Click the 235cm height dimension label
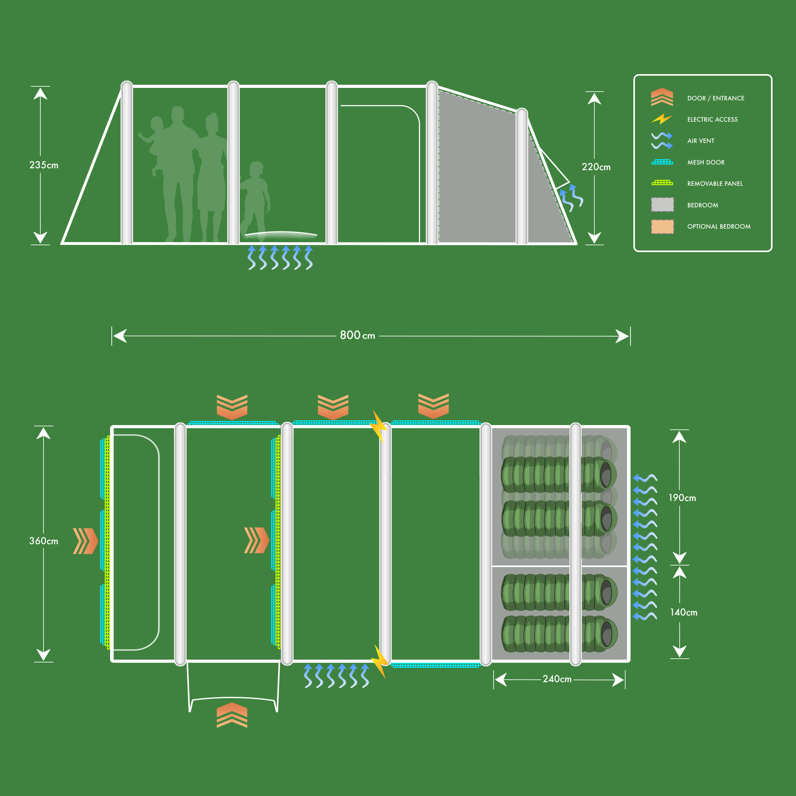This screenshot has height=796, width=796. [44, 165]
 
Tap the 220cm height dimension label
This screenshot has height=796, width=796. [596, 167]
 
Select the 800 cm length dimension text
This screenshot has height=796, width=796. [357, 335]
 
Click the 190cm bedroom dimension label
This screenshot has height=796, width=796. [682, 498]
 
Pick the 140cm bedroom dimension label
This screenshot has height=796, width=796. [683, 612]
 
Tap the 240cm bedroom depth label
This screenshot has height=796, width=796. [557, 679]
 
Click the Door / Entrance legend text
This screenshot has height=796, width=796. [716, 98]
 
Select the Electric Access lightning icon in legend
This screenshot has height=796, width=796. [662, 119]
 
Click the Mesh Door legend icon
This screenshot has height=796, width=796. [662, 162]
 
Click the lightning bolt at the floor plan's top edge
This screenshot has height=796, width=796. [379, 426]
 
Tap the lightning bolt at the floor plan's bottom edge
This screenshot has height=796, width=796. [379, 661]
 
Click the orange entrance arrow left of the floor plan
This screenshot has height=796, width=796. [85, 540]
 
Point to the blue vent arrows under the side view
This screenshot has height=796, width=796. [280, 257]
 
